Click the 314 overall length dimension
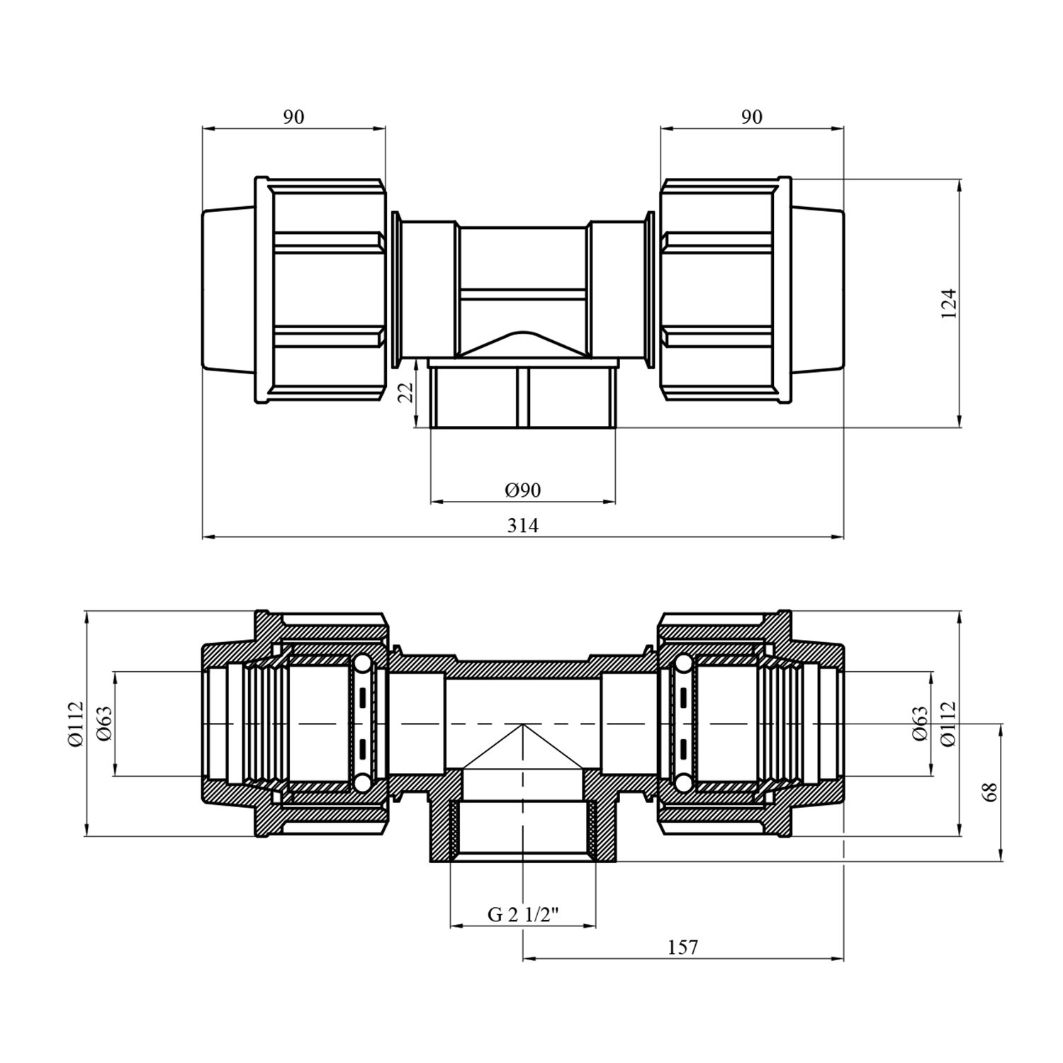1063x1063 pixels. click(523, 525)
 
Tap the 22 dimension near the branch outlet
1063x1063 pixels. click(405, 392)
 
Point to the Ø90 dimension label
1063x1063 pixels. click(523, 490)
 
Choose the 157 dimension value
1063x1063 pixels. click(682, 947)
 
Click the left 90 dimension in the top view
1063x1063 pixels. click(293, 117)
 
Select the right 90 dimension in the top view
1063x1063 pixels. click(752, 117)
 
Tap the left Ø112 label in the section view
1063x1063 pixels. click(76, 724)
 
